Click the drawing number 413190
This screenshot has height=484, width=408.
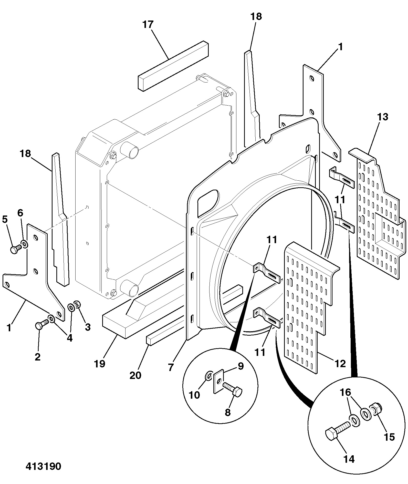[x=43, y=466]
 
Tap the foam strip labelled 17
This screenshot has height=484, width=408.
[x=173, y=66]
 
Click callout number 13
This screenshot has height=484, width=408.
[x=382, y=117]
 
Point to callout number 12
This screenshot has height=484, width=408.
[x=340, y=363]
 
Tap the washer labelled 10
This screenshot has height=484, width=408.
[x=208, y=376]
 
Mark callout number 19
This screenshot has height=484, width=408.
[x=100, y=364]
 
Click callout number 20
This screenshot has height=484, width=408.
[x=135, y=375]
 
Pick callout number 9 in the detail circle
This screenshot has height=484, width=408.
[x=240, y=366]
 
